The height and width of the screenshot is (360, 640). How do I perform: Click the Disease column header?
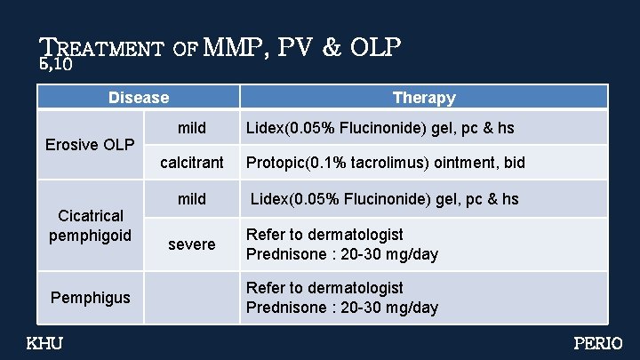point(138,97)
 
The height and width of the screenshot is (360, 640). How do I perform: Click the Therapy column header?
point(424,97)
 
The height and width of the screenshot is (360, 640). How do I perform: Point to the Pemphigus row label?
point(91,297)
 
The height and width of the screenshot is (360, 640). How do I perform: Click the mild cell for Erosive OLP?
point(191,128)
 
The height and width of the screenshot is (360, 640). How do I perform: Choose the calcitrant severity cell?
point(191,163)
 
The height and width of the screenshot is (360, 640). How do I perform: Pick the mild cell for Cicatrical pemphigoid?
point(191,198)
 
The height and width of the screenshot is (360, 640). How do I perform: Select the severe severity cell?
point(191,244)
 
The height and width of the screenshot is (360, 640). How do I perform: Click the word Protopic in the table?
point(274,163)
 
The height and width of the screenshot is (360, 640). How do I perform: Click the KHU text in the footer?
point(44,343)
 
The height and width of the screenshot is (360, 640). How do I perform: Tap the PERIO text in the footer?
point(598,343)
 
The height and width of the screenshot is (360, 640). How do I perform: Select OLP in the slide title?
point(375,46)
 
